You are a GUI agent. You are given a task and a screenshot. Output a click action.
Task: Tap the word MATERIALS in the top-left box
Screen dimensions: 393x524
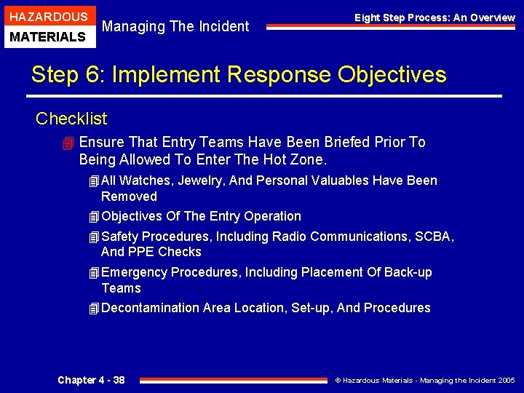[47, 36]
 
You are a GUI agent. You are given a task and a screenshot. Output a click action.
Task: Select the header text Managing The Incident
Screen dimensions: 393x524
[175, 27]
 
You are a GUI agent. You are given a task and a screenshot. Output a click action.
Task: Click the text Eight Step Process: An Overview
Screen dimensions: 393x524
[434, 17]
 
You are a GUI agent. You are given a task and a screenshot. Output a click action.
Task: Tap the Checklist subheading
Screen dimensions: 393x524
[71, 119]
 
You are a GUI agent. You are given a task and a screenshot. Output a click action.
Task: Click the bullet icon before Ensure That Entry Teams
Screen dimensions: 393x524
[68, 143]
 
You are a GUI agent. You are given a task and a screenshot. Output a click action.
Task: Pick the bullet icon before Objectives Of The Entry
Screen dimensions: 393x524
[92, 217]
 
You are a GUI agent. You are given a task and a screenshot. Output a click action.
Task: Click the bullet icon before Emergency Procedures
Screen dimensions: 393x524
[92, 273]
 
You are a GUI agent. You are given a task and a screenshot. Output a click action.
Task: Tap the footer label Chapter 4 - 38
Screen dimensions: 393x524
[91, 380]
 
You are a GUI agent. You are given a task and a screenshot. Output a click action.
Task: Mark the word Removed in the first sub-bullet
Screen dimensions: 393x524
[129, 196]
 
